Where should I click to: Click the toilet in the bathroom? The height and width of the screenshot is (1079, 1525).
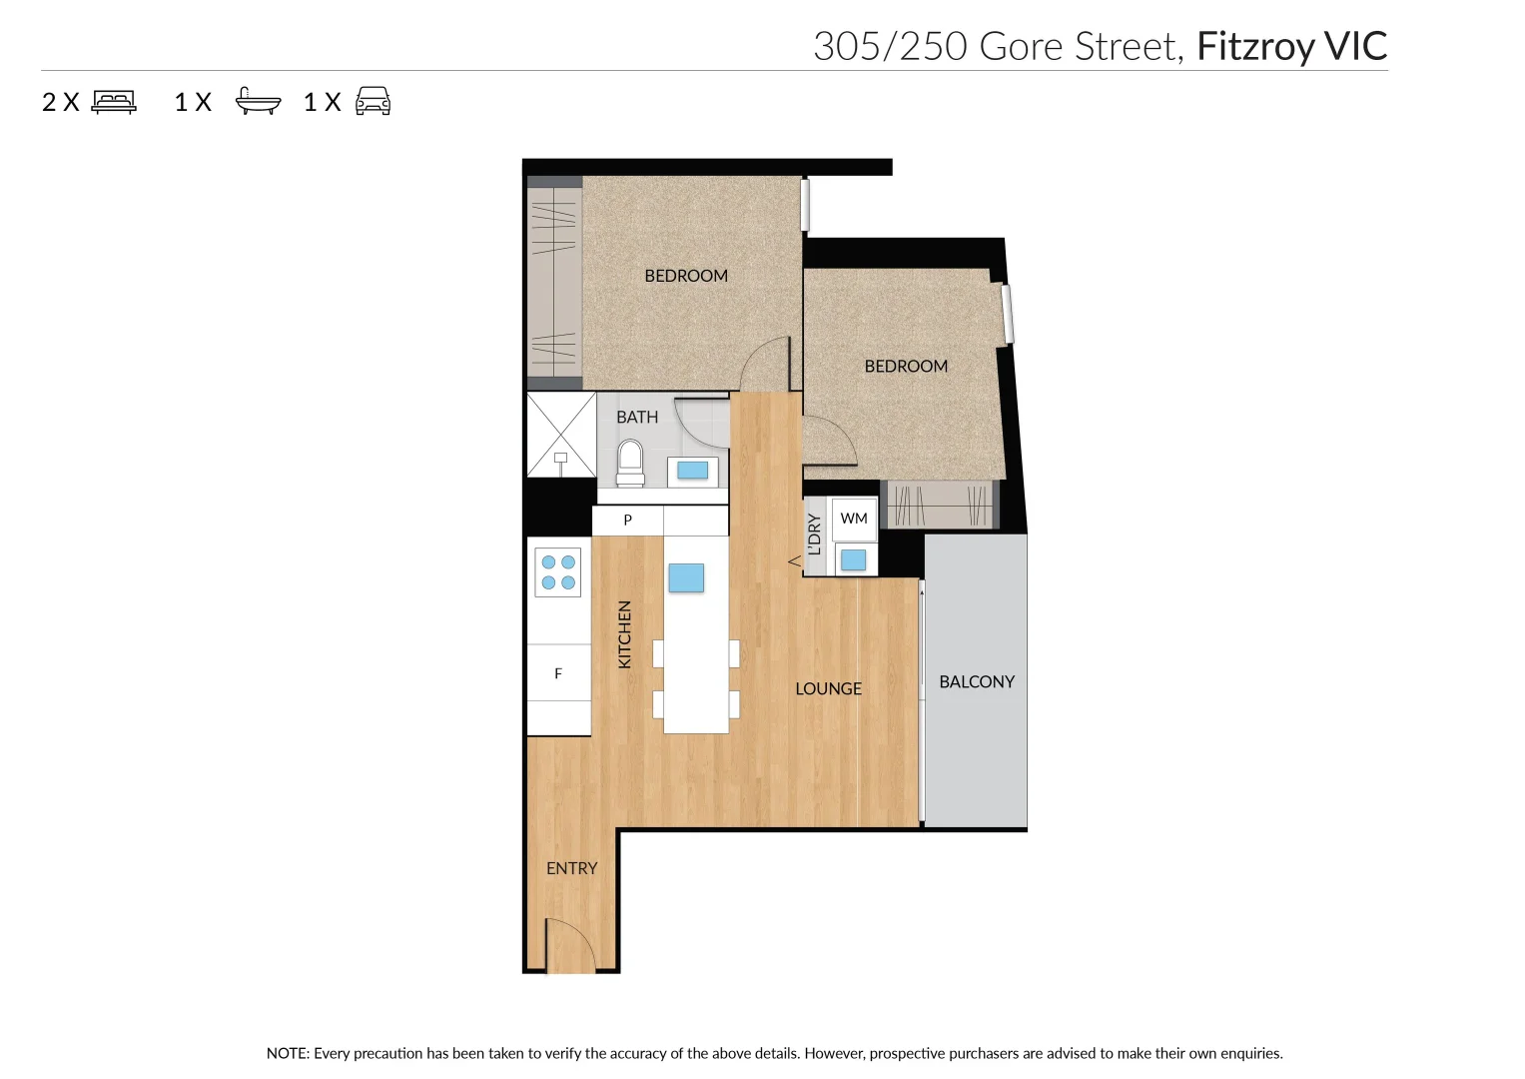click(x=630, y=465)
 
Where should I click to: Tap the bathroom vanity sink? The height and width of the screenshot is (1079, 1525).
click(x=692, y=471)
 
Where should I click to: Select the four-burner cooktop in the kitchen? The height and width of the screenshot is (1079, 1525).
click(x=558, y=572)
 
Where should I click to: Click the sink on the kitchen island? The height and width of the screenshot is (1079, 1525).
click(x=686, y=577)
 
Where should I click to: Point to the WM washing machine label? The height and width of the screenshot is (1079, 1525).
click(x=854, y=519)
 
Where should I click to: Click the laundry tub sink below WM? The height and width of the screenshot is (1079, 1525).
click(x=854, y=559)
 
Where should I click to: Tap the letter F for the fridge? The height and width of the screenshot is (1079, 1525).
click(x=558, y=674)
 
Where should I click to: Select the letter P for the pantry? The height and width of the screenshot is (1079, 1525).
click(x=627, y=521)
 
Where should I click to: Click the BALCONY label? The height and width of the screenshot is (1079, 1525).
click(x=976, y=681)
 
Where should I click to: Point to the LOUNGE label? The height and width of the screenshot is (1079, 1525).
click(x=828, y=689)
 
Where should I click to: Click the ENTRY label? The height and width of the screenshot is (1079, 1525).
click(x=571, y=869)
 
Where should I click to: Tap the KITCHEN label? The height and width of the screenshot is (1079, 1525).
click(x=625, y=634)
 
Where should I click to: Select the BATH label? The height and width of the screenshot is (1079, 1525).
click(x=637, y=418)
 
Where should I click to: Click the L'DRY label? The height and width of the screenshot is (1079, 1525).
click(x=815, y=535)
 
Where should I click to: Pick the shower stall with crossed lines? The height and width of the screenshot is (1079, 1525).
click(x=560, y=435)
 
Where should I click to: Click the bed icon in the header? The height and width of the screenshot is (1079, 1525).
click(x=114, y=102)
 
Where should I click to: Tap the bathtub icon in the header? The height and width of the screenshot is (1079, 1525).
click(x=258, y=102)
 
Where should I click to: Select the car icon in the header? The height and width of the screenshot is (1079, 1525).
click(x=373, y=102)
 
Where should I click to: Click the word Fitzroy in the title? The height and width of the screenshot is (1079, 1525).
click(x=1254, y=47)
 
